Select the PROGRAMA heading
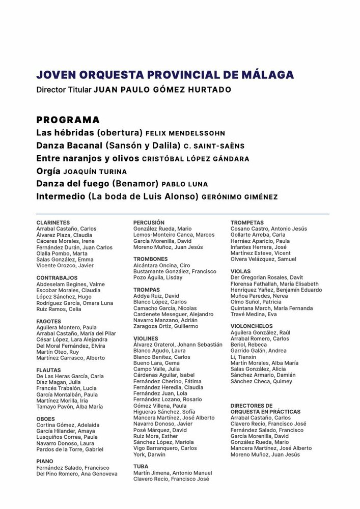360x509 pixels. [68, 120]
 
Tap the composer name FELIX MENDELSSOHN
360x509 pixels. [185, 133]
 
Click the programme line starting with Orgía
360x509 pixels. [81, 171]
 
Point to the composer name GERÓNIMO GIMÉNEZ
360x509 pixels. [240, 196]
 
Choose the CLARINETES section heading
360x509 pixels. [53, 222]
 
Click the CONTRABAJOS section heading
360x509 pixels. [56, 277]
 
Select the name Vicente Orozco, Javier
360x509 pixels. [65, 265]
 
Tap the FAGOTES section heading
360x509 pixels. [48, 321]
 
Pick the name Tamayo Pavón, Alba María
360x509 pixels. [69, 407]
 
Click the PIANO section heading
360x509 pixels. [45, 461]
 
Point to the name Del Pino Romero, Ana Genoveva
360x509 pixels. [76, 473]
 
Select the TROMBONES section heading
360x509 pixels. [150, 259]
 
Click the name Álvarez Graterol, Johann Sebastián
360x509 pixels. [178, 345]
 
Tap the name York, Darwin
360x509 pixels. [149, 455]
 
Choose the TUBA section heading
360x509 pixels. [141, 466]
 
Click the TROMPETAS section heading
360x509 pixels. [247, 222]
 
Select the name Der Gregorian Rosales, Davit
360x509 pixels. [266, 277]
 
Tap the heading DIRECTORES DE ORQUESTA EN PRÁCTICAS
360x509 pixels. [265, 408]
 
